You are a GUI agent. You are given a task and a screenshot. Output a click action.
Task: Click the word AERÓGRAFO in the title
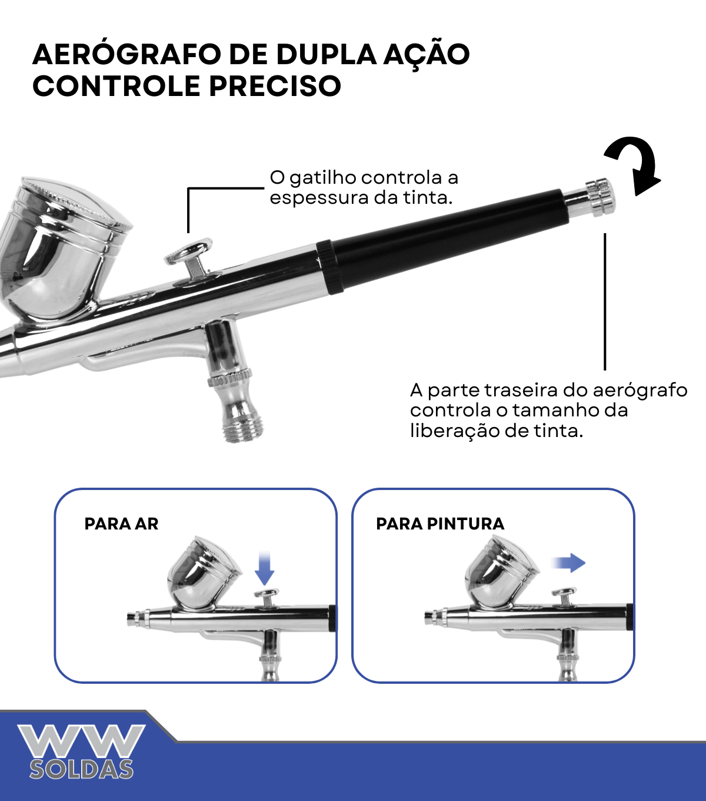pos(126,54)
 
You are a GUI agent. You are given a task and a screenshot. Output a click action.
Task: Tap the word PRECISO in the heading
pos(275,86)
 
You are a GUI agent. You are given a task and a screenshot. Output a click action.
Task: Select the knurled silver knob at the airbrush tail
pos(600,197)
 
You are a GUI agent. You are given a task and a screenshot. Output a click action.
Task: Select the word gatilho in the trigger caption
pos(322,178)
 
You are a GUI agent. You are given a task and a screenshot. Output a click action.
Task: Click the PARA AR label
pos(121,524)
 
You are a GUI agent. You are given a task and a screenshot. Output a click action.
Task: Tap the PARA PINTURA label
pos(440,524)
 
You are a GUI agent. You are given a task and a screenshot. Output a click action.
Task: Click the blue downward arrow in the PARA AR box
pos(264,568)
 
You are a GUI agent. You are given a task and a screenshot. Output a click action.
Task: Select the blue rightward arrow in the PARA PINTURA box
pos(568,563)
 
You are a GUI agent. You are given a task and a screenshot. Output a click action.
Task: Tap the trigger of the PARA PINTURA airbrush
pos(564,596)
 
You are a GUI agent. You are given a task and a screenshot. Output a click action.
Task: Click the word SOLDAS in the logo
pos(81,769)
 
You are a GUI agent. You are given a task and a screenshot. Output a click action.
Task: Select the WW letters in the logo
pos(81,742)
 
